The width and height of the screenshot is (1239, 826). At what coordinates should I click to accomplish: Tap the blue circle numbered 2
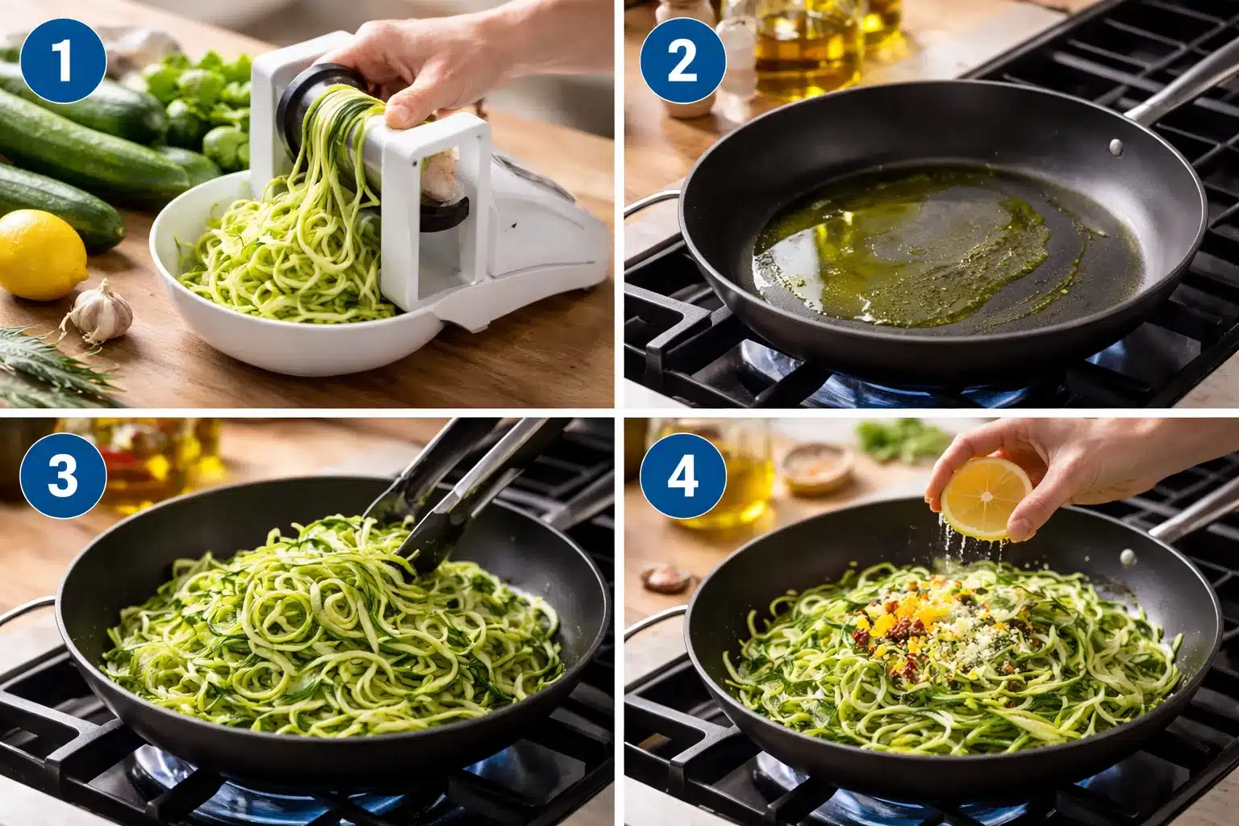(682, 61)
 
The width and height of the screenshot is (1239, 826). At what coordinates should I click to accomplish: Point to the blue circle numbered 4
(682, 476)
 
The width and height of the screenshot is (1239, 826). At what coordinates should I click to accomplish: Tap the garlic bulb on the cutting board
(102, 310)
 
